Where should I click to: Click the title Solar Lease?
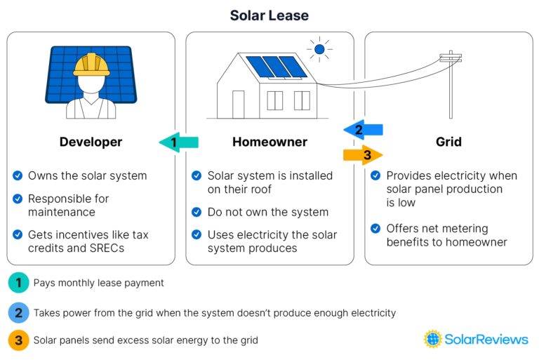pos(269,15)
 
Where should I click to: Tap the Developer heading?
pos(91,142)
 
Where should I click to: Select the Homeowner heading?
pos(269,142)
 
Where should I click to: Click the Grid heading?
pos(448,142)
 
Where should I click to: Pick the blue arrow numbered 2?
pos(363,129)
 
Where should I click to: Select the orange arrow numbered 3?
pos(363,154)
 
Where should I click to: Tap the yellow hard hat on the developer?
pos(91,65)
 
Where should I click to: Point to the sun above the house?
pos(319,49)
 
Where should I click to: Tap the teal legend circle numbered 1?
pos(18,283)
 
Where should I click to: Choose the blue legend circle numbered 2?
pos(18,312)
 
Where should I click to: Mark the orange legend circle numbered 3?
pos(18,340)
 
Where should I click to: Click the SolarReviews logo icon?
pos(433,339)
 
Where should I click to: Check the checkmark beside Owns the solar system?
pos(18,175)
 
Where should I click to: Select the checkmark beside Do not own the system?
pos(197,212)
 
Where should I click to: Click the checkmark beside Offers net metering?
pos(375,229)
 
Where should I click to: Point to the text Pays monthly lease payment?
pos(99,283)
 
